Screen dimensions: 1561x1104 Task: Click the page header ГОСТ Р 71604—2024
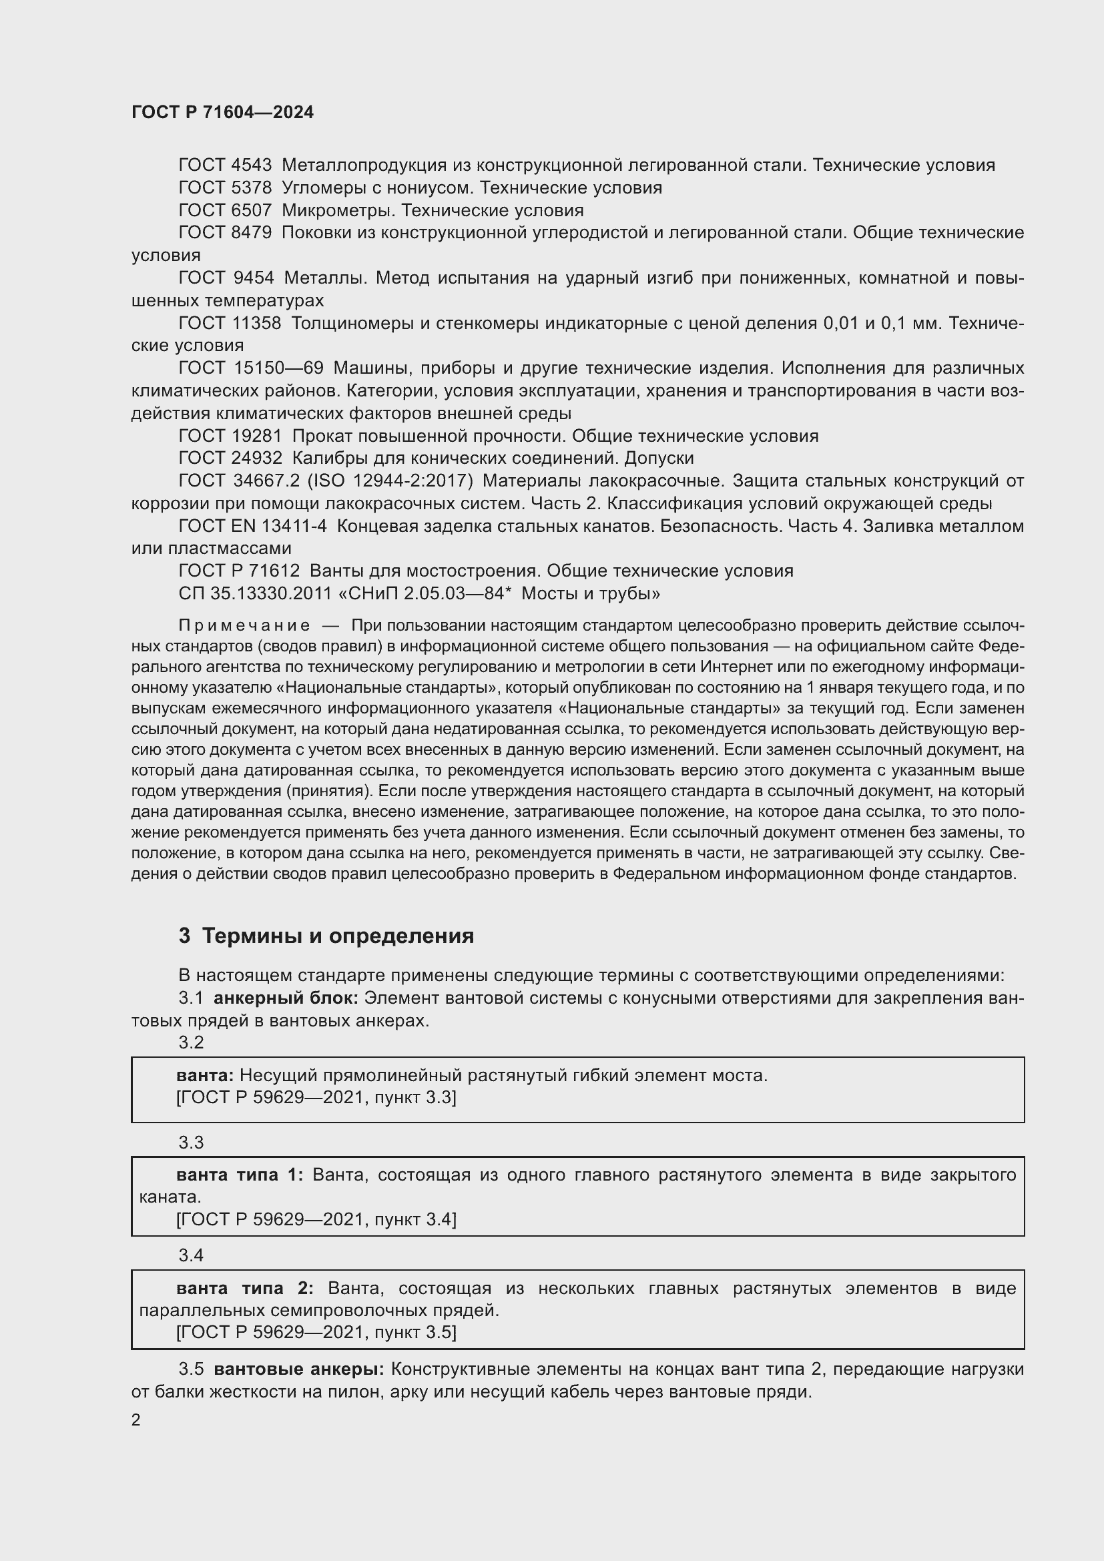(x=222, y=112)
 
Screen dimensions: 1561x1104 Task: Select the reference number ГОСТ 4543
(x=225, y=166)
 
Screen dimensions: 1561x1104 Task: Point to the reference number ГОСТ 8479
(x=225, y=232)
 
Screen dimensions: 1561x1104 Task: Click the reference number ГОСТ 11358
(x=230, y=323)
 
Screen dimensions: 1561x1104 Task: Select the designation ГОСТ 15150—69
(x=251, y=368)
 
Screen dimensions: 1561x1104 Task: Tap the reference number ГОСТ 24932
(x=230, y=458)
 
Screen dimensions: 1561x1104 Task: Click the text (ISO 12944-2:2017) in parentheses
(x=390, y=481)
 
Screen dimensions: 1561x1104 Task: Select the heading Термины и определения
(x=338, y=936)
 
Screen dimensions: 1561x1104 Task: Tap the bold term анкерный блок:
(x=286, y=998)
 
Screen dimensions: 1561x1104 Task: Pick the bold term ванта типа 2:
(x=245, y=1287)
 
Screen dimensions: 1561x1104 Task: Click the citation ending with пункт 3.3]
(x=316, y=1097)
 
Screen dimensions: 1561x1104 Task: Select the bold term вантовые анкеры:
(x=299, y=1369)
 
